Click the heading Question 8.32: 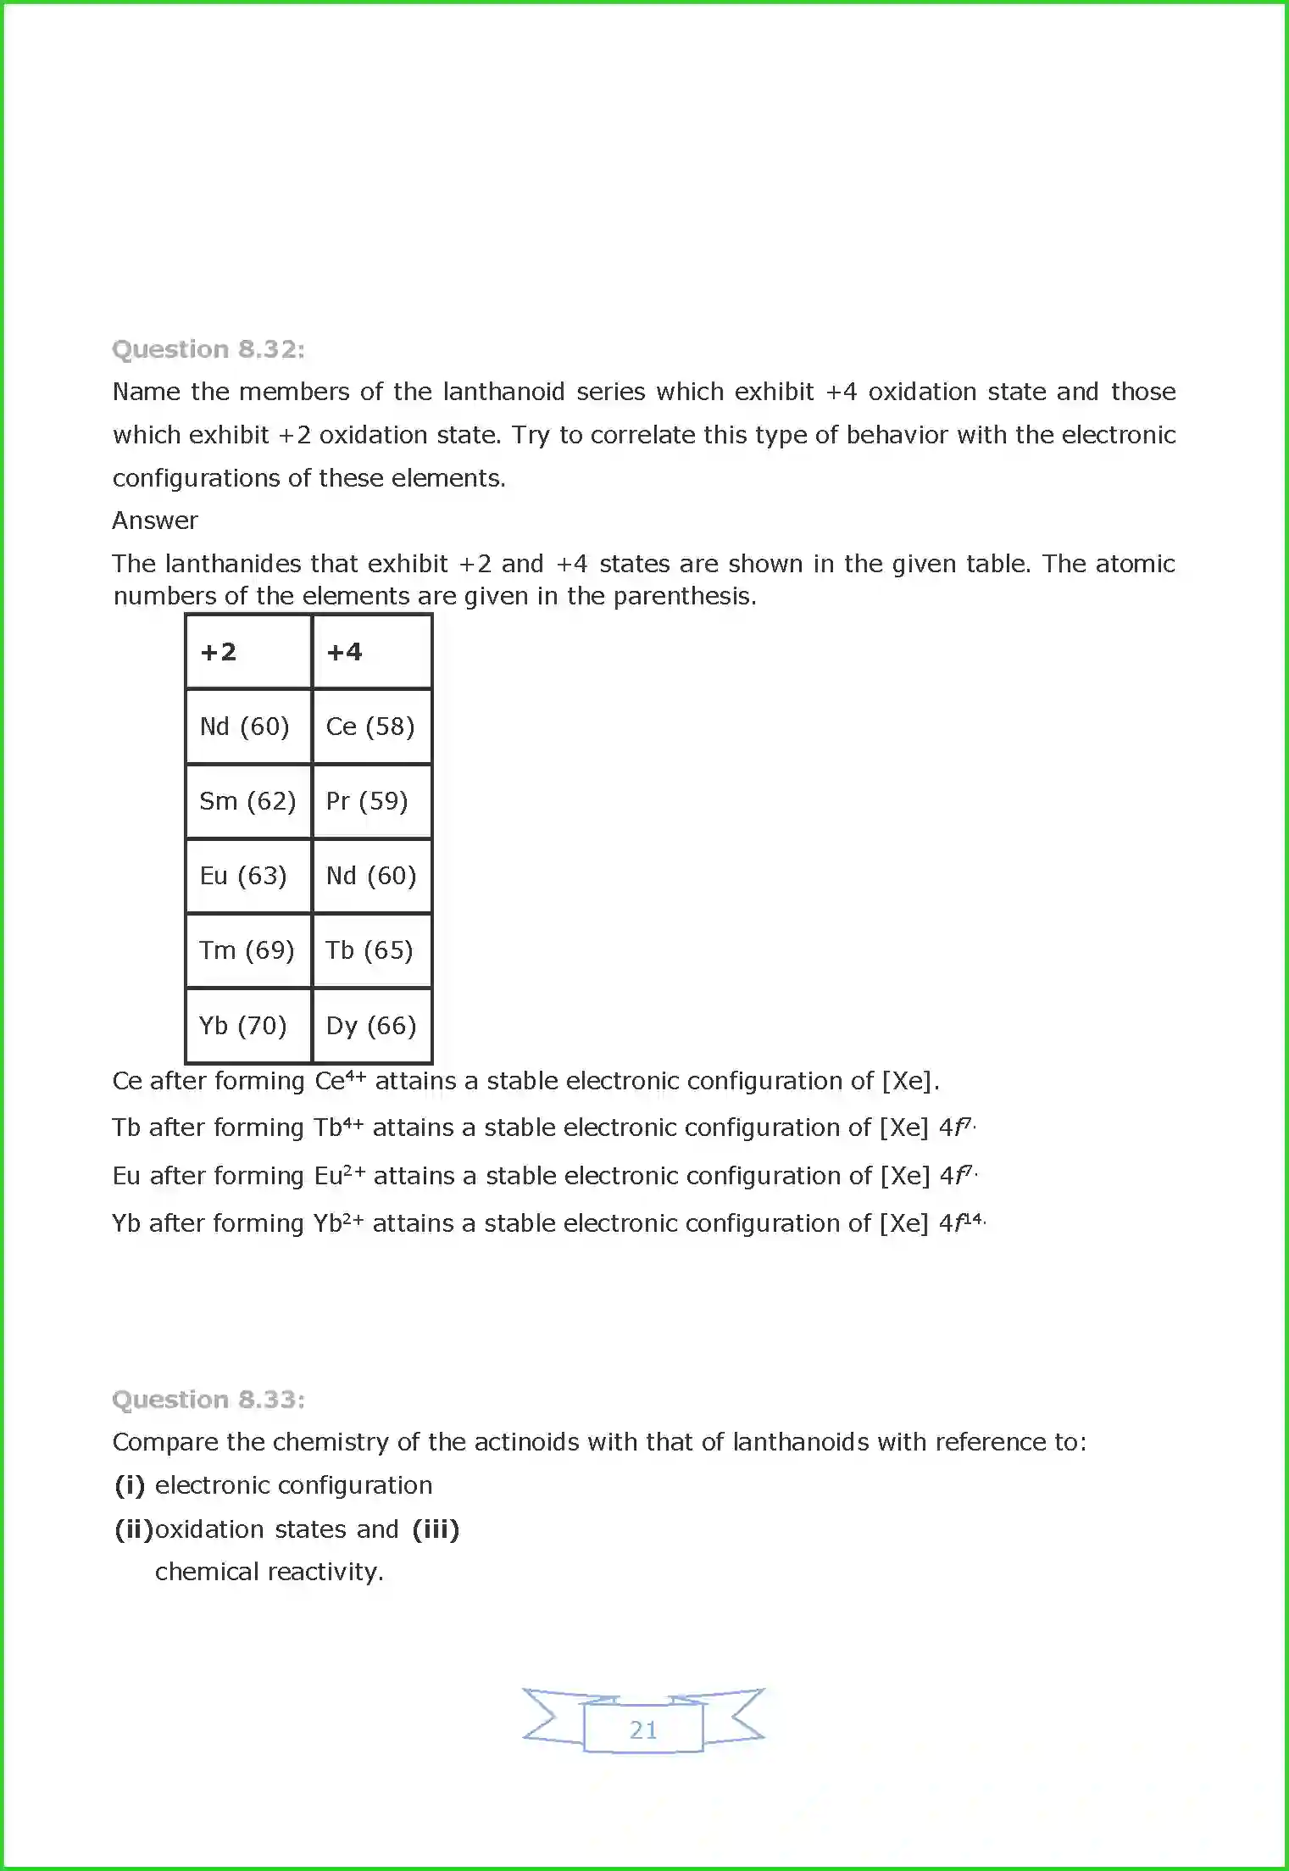click(x=208, y=349)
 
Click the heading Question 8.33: click(x=208, y=1399)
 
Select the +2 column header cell click(x=247, y=652)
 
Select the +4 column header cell click(x=371, y=652)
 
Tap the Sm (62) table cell click(x=247, y=801)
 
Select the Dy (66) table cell click(x=371, y=1026)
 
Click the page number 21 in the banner click(x=643, y=1729)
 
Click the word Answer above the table click(x=155, y=521)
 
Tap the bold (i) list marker click(x=130, y=1485)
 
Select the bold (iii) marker click(x=436, y=1529)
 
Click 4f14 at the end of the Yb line click(x=961, y=1222)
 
